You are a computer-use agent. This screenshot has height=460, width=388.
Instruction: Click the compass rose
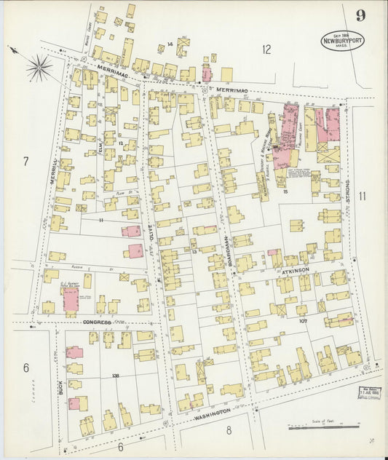(39, 68)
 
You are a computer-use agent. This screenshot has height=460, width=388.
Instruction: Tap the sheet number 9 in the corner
(360, 16)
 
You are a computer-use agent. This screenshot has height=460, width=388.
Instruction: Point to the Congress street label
(98, 321)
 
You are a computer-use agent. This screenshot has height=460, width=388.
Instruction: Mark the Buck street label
(61, 387)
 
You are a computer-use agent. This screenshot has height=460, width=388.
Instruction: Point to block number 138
(116, 375)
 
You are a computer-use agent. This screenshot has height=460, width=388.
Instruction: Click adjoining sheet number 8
(228, 430)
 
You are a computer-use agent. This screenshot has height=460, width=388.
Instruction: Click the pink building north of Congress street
(71, 298)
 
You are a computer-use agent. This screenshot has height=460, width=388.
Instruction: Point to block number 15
(286, 191)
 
